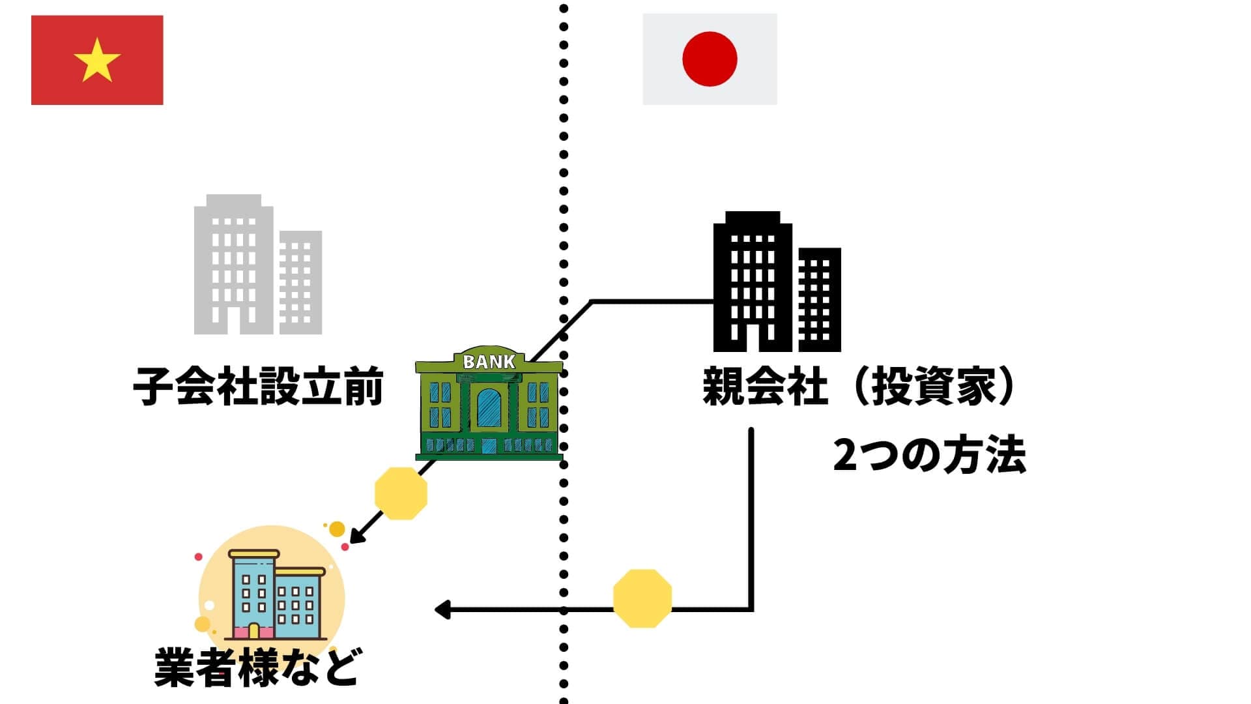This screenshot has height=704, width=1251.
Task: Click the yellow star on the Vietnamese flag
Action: [97, 60]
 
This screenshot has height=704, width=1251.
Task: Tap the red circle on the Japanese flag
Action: [710, 59]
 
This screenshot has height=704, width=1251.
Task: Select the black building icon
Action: [777, 282]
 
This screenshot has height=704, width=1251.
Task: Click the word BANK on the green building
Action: [489, 362]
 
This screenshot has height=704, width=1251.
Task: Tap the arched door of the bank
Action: [489, 408]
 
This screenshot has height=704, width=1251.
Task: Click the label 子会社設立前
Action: [258, 387]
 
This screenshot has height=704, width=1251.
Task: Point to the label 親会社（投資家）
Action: [859, 387]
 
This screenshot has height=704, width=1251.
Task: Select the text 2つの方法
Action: [929, 456]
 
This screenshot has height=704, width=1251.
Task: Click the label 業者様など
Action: [256, 667]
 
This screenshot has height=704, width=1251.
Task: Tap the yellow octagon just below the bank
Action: [401, 493]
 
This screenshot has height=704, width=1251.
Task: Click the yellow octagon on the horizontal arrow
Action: [642, 598]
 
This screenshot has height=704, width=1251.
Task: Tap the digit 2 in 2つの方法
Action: [845, 456]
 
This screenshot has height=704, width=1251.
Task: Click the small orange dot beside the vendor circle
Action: [337, 529]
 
